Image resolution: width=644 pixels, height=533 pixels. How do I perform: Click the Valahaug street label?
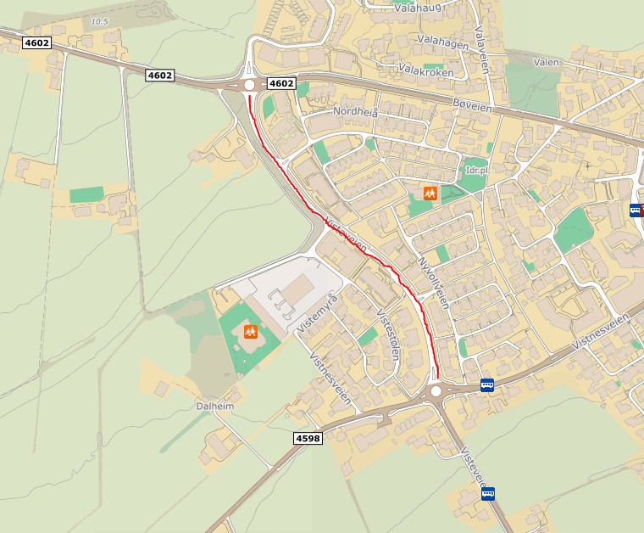pos(419,8)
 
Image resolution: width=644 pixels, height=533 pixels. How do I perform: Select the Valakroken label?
pos(425,72)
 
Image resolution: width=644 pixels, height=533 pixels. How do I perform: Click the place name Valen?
pos(546,62)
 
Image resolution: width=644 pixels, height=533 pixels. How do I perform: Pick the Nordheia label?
pos(355,112)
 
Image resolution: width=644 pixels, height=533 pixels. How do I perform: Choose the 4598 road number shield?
pos(308,438)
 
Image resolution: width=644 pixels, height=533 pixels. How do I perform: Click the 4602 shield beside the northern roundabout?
pos(281,83)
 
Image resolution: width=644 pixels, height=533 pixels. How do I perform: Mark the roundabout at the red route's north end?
pos(249,84)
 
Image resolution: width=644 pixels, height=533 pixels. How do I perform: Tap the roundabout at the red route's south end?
pos(436,390)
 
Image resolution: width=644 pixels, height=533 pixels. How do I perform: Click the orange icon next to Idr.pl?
pos(430,194)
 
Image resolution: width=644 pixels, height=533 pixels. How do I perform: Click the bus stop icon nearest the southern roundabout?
pos(486,384)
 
